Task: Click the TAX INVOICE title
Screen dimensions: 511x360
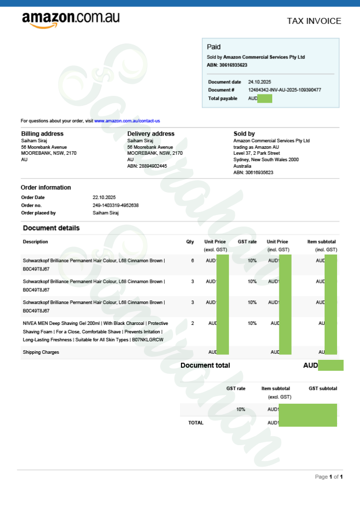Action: tap(314, 21)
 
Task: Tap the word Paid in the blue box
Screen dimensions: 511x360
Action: tap(213, 47)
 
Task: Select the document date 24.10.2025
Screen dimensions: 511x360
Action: tap(259, 82)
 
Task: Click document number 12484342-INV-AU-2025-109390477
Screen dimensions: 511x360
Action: tap(284, 90)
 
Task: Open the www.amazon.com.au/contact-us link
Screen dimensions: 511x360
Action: tap(127, 121)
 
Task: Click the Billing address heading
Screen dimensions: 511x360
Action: tap(42, 134)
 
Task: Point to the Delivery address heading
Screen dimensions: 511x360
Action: tap(151, 134)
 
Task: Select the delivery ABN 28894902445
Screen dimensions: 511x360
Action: tap(147, 166)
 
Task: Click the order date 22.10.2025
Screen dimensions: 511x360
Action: tap(104, 198)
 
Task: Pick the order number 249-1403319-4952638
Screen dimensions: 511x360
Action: tap(116, 205)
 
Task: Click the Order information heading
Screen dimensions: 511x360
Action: tap(46, 188)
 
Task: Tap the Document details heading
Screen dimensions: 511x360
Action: tap(51, 228)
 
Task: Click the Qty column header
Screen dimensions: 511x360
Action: tap(190, 242)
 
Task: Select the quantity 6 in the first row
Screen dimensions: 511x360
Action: tap(192, 260)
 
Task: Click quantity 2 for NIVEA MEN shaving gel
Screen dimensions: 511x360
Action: tap(192, 323)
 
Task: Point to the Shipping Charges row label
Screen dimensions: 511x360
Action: tap(41, 352)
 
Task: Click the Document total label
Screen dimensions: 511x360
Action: tap(205, 365)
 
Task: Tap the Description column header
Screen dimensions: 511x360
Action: tap(35, 242)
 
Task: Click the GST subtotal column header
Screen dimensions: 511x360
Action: tap(323, 388)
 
